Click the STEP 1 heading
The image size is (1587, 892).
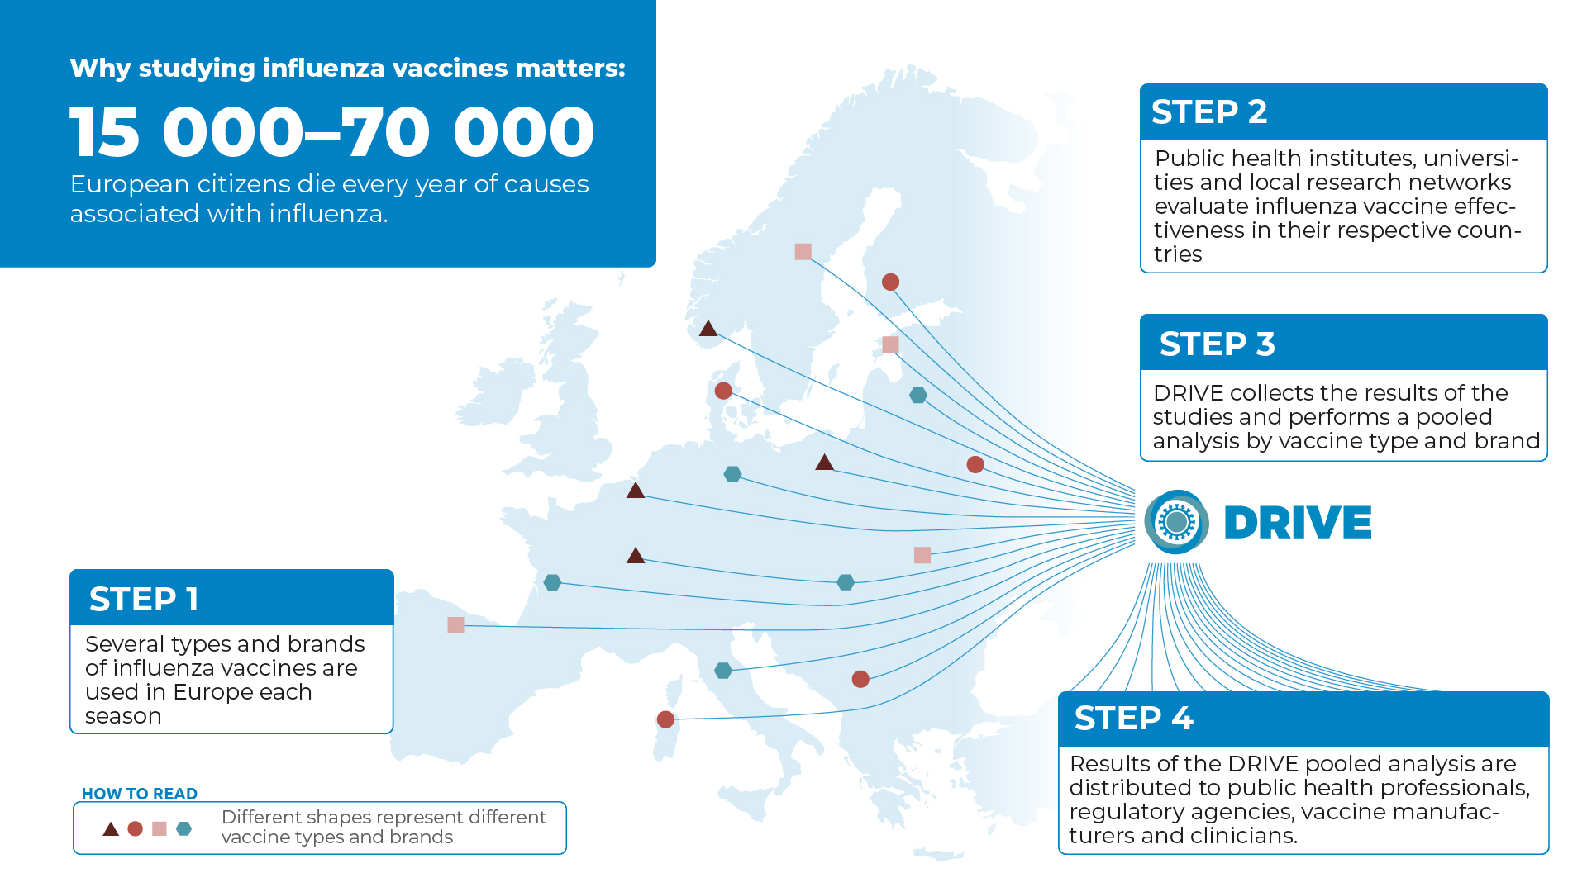(x=144, y=599)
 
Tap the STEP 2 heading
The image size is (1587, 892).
(x=1208, y=111)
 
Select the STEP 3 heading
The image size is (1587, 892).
(x=1217, y=344)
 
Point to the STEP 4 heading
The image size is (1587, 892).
(x=1133, y=718)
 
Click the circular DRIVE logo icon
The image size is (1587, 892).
(x=1176, y=522)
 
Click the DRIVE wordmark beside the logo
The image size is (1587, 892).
(x=1297, y=523)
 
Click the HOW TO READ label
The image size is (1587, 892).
(x=140, y=794)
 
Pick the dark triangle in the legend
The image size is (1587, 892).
(x=111, y=828)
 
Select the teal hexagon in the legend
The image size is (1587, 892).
(x=184, y=828)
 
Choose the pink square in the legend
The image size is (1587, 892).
(x=160, y=828)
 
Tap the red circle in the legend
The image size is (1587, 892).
(x=136, y=828)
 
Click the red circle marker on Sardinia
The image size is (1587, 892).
(x=665, y=719)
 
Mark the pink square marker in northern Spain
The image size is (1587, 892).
(x=455, y=625)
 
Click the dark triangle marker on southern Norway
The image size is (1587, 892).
(x=708, y=329)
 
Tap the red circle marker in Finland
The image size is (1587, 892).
(x=890, y=282)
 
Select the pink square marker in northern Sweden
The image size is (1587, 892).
(x=803, y=252)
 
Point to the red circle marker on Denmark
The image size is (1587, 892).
(x=723, y=391)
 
